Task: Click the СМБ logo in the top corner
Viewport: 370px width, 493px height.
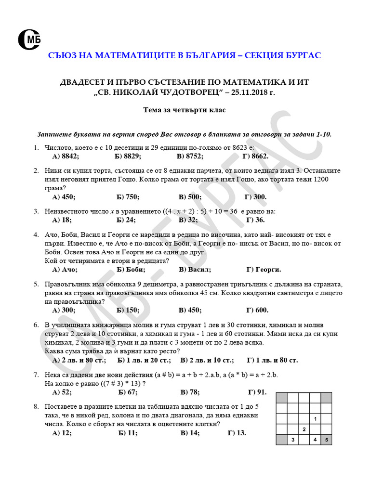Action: (x=28, y=39)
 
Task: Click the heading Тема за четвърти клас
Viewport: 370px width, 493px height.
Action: (x=185, y=110)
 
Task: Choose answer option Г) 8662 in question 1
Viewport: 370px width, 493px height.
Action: (x=255, y=156)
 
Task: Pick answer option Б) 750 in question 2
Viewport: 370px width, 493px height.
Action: (x=128, y=196)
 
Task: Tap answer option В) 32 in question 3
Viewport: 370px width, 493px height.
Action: (x=188, y=220)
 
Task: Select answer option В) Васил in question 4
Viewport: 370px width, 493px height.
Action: (x=195, y=269)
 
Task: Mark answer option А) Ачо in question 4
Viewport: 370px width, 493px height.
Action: (x=65, y=269)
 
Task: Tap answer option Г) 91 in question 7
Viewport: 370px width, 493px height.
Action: (x=257, y=392)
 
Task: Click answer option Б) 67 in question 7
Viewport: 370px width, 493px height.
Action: (x=128, y=392)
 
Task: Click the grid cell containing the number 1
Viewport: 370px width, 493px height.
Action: (x=315, y=419)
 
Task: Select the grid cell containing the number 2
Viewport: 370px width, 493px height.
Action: (x=304, y=429)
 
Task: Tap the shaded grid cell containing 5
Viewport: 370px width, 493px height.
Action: (x=326, y=440)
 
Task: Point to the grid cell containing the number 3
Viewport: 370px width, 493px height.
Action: (x=292, y=440)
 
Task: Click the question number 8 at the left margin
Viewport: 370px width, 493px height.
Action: (x=36, y=407)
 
